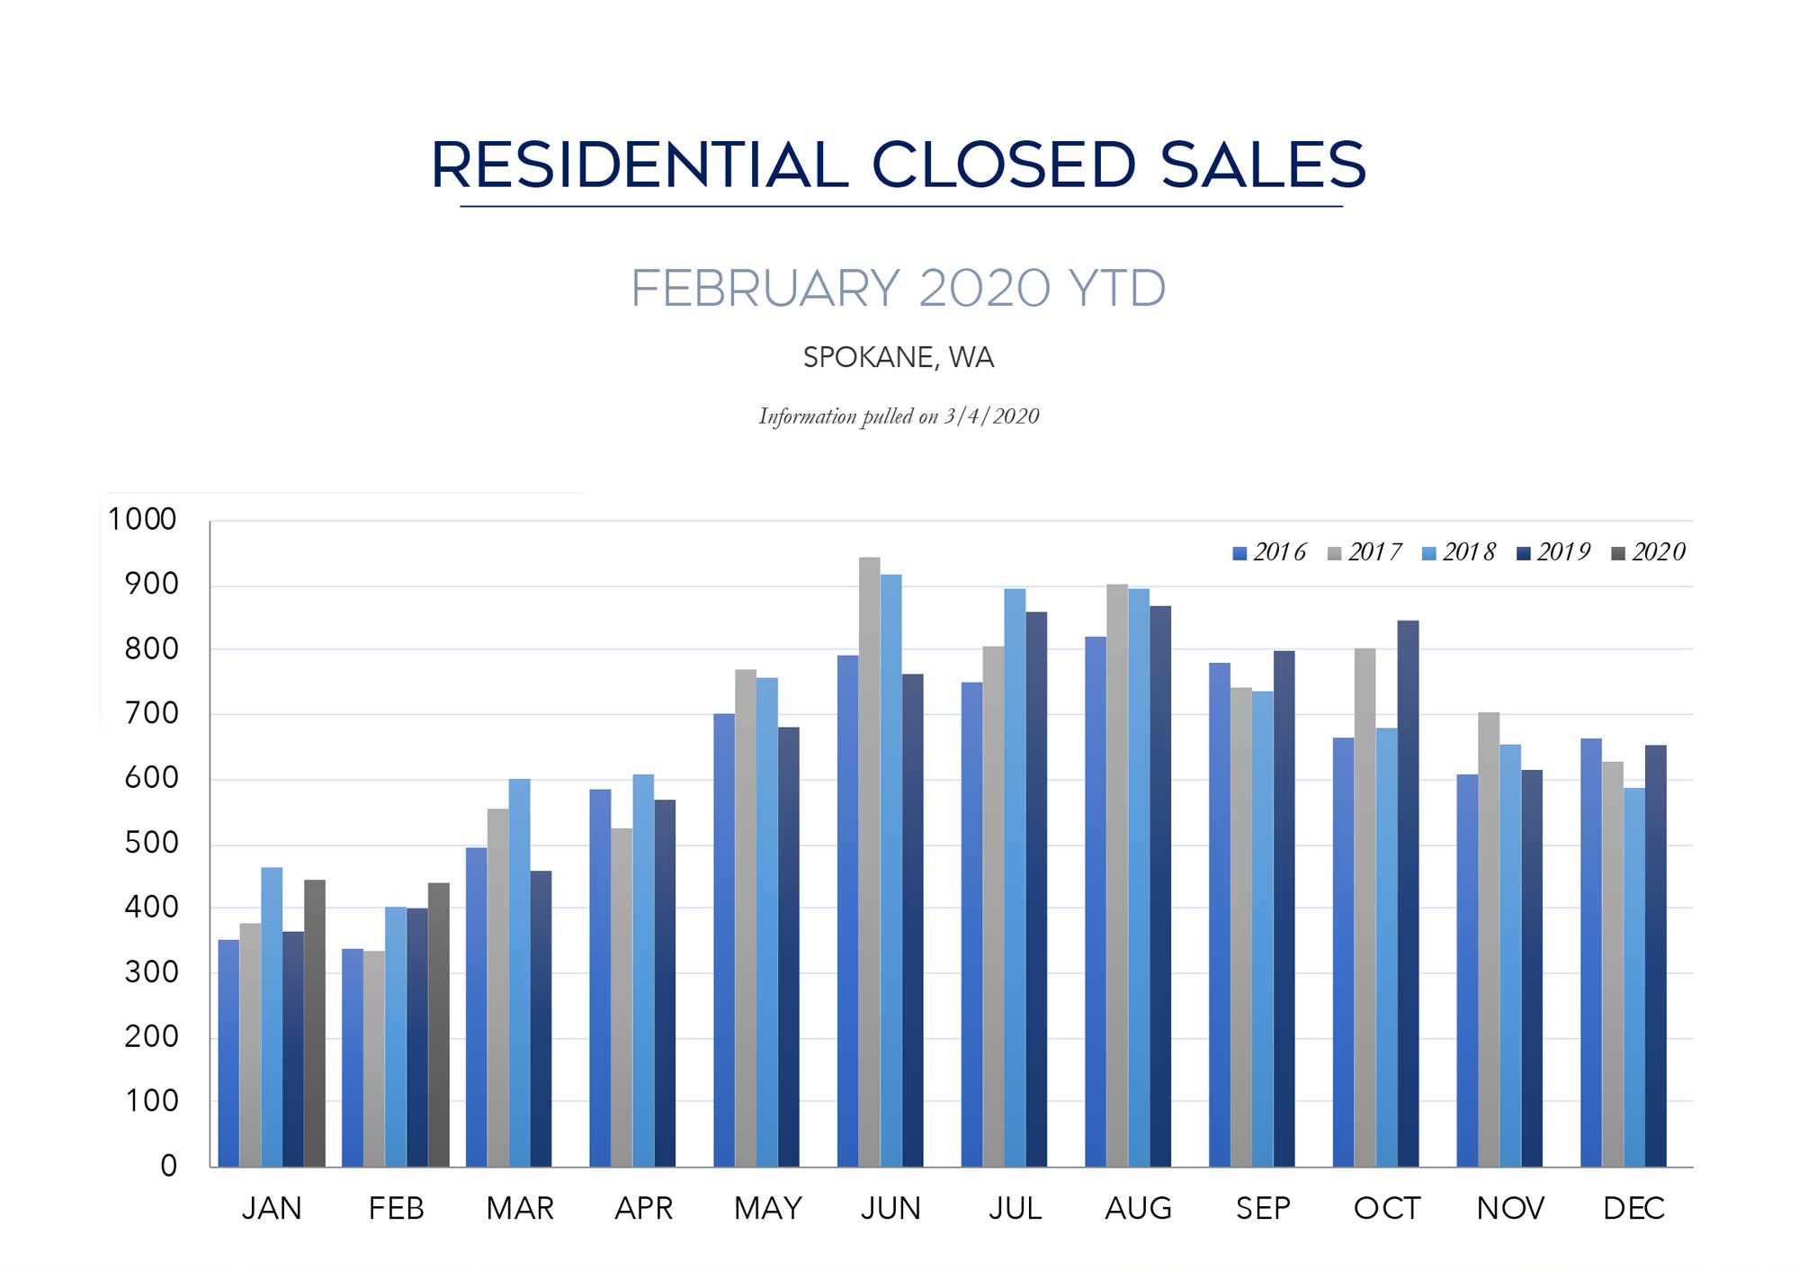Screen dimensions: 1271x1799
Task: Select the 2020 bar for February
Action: click(439, 1025)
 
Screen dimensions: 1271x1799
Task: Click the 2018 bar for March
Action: click(519, 972)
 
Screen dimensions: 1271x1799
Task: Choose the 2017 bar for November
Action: click(1489, 939)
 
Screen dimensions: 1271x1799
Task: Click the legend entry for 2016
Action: click(1269, 552)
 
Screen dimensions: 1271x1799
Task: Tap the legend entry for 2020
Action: click(1648, 552)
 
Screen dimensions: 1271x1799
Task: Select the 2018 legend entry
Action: click(1458, 552)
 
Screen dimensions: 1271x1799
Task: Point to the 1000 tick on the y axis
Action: click(142, 520)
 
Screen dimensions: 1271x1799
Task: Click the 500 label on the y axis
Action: click(151, 844)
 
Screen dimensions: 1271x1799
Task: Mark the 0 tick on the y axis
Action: click(168, 1167)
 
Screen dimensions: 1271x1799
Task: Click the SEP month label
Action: click(1263, 1209)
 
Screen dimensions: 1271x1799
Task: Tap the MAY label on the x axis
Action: click(767, 1209)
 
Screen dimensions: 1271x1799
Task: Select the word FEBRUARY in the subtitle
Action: click(765, 289)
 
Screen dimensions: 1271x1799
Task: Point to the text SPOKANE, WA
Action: click(898, 358)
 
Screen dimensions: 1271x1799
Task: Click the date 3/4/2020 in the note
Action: click(991, 416)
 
